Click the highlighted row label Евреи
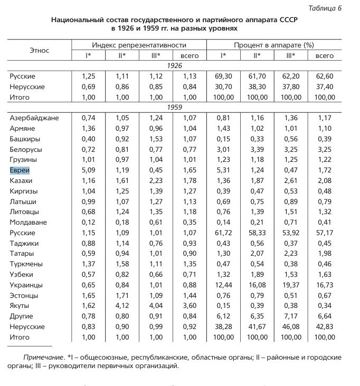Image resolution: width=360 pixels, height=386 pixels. point(20,170)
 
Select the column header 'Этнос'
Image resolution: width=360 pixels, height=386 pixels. point(39,50)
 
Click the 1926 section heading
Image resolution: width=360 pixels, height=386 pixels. point(174,66)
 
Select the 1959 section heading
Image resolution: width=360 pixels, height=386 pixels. point(174,108)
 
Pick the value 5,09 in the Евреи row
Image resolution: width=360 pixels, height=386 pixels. point(88,170)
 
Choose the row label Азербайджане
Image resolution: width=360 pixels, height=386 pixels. point(34,118)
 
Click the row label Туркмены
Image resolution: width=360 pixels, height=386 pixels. point(26,264)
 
